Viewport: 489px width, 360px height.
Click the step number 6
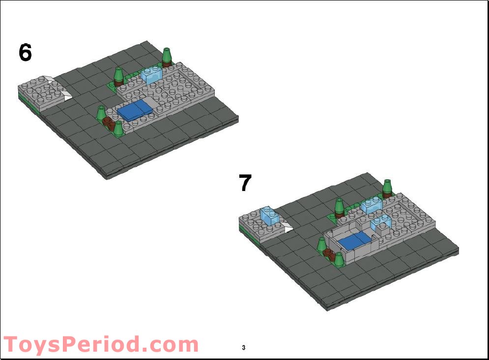pyautogui.click(x=26, y=53)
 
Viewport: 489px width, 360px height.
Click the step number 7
pyautogui.click(x=245, y=184)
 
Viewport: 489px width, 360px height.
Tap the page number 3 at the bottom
pyautogui.click(x=244, y=348)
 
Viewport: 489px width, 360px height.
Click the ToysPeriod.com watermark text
pyautogui.click(x=101, y=344)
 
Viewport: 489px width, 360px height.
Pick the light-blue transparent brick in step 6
pyautogui.click(x=151, y=75)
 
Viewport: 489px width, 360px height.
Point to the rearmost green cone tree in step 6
pyautogui.click(x=167, y=56)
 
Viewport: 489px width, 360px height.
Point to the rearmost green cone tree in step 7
pyautogui.click(x=388, y=187)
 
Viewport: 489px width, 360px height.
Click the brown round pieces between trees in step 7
pyautogui.click(x=332, y=255)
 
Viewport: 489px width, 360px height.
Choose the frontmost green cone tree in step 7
pyautogui.click(x=338, y=258)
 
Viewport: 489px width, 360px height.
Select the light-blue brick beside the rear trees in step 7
pyautogui.click(x=372, y=205)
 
